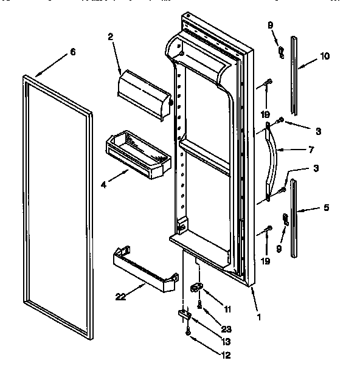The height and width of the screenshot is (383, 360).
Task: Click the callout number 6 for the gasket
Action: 73,52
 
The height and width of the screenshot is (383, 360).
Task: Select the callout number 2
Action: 111,38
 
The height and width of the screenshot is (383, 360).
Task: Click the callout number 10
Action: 324,57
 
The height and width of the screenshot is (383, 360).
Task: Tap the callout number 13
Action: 226,342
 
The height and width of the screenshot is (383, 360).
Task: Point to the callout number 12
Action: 226,355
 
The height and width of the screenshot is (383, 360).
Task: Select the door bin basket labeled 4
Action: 139,154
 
